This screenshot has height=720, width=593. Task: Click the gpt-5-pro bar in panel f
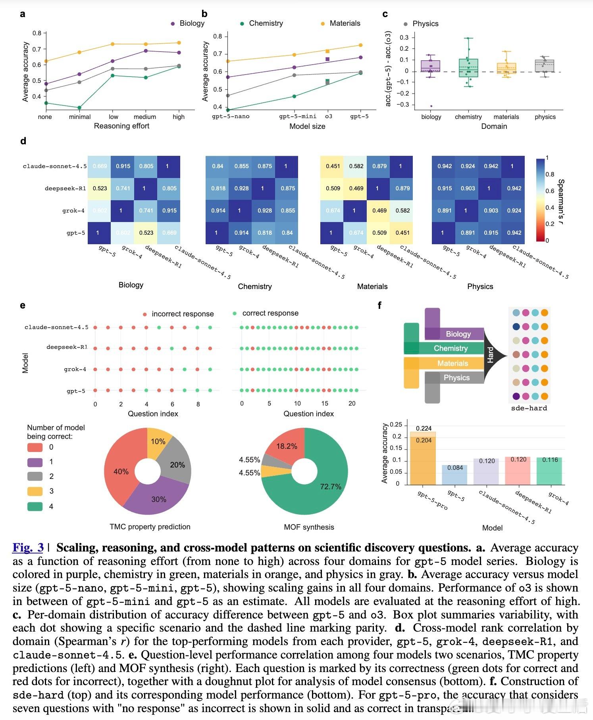(423, 460)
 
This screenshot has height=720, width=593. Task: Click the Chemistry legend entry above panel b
(266, 23)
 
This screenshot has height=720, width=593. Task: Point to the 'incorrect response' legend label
(183, 314)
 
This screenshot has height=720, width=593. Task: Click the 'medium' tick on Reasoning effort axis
(145, 117)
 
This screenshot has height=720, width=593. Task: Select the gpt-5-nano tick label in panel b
(231, 117)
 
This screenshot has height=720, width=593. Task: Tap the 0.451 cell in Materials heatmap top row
(332, 166)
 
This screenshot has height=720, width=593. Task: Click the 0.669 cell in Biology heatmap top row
(100, 166)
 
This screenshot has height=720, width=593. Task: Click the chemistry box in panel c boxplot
(468, 68)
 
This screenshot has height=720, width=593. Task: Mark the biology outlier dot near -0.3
(431, 106)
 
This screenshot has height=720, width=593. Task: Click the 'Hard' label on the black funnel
(491, 355)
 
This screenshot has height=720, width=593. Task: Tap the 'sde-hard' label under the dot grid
(529, 408)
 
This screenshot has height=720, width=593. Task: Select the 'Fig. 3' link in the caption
(28, 548)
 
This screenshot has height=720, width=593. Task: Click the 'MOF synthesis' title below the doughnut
(309, 527)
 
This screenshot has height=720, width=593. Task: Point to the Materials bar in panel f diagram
(452, 363)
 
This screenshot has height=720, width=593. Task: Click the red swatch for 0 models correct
(35, 447)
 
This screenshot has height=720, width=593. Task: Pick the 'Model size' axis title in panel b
(307, 126)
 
